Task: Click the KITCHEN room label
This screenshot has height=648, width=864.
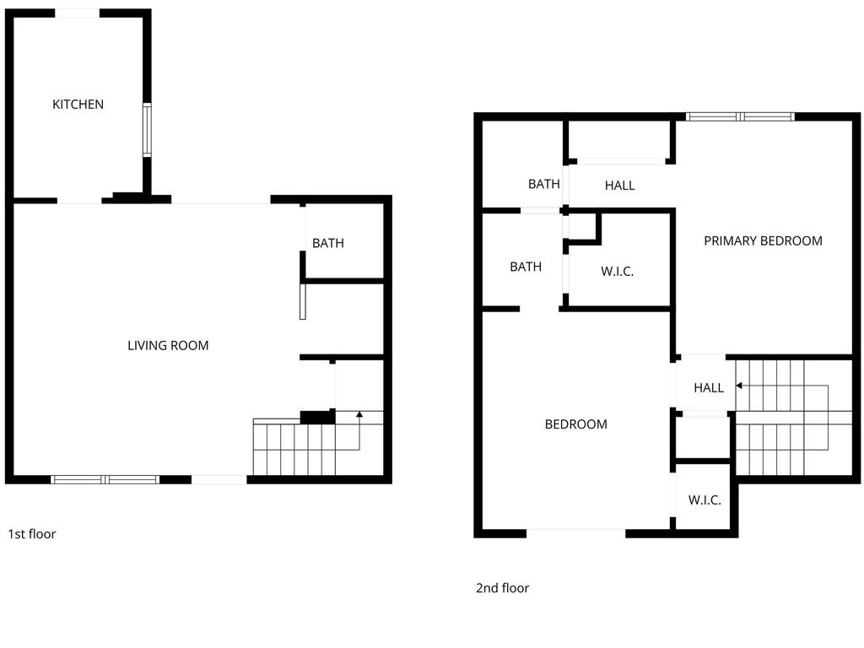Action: coord(78,104)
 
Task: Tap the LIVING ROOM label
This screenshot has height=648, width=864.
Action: coord(168,345)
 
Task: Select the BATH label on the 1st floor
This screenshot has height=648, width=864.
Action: coord(328,243)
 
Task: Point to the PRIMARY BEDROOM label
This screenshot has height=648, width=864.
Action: coord(763,240)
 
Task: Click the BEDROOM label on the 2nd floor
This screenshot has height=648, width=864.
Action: coord(575,424)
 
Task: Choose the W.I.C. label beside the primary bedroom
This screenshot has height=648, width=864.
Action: coord(617,271)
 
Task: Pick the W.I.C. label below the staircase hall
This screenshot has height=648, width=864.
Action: coord(705,499)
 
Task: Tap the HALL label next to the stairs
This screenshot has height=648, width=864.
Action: coord(709,388)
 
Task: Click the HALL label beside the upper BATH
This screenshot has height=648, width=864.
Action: coord(620,186)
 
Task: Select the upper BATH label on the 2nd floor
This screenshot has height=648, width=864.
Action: coord(544,184)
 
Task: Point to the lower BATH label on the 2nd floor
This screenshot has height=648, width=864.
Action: coord(526,267)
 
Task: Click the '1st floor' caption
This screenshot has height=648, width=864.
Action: coord(32,534)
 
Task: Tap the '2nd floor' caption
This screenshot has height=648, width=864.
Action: coord(503,588)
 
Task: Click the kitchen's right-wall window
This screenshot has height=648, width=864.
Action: coord(147,130)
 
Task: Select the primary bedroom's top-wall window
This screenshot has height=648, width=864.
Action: coord(740,116)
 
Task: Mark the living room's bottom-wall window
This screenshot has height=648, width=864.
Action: coord(105,479)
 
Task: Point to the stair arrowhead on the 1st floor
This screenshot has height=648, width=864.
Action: coord(359,413)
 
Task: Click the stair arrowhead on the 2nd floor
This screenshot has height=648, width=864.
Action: coord(739,386)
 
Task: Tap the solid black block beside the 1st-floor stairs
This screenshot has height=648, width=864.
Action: coord(317,418)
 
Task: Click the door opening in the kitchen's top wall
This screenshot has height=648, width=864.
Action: coord(77,13)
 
